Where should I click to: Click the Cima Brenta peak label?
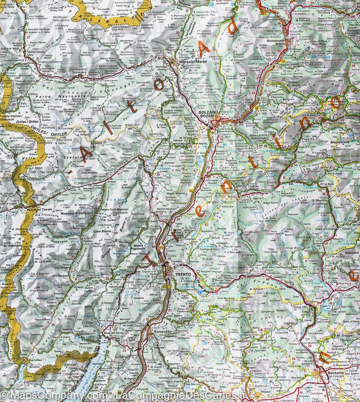(x=102, y=231)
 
